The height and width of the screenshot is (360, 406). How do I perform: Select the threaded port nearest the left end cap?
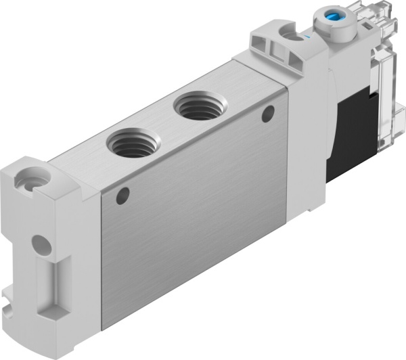[134, 143]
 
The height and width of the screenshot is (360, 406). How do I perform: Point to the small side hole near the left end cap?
[122, 197]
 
